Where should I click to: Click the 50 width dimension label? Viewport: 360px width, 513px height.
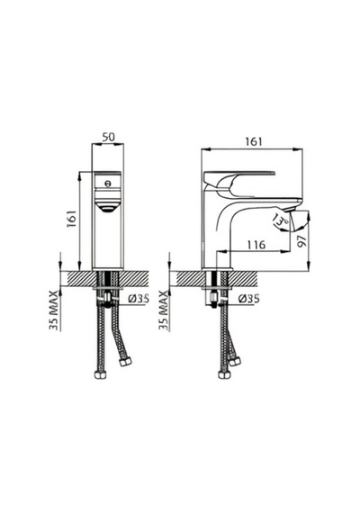tap(108, 137)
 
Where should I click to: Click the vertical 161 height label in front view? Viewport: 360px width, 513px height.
tap(71, 220)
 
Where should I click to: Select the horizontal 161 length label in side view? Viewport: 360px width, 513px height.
tap(254, 141)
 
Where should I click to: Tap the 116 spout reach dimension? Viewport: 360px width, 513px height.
tap(256, 245)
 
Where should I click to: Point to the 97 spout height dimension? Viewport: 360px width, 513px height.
tap(302, 241)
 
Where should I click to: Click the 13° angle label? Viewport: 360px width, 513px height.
tap(281, 220)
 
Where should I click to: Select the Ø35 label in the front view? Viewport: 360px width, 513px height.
tap(139, 299)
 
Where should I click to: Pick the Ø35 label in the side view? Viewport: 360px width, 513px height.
tap(248, 299)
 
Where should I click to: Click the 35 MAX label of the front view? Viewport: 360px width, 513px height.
tap(54, 310)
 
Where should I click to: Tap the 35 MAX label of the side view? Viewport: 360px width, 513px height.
tap(164, 310)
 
